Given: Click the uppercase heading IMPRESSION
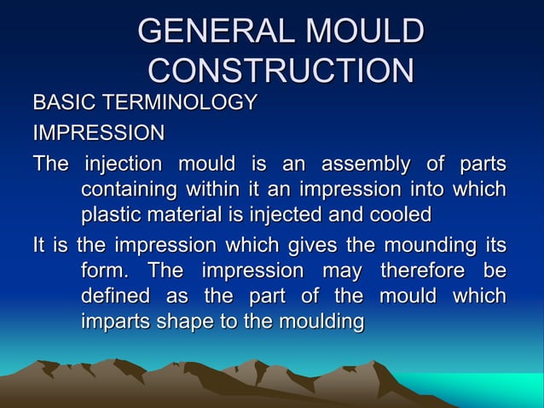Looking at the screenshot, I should point(99,134).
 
